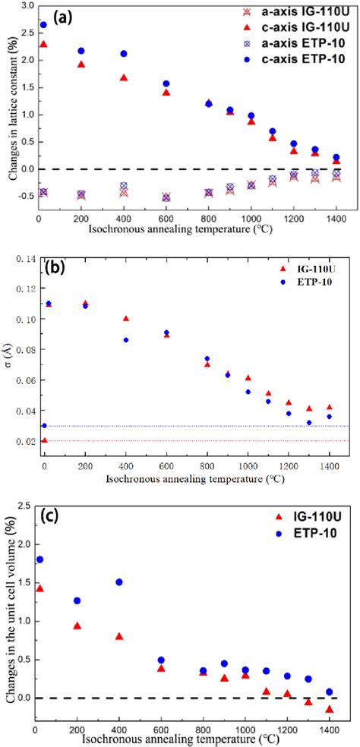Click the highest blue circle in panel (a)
[43, 24]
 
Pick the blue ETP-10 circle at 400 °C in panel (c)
[119, 582]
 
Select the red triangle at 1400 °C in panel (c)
[329, 709]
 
